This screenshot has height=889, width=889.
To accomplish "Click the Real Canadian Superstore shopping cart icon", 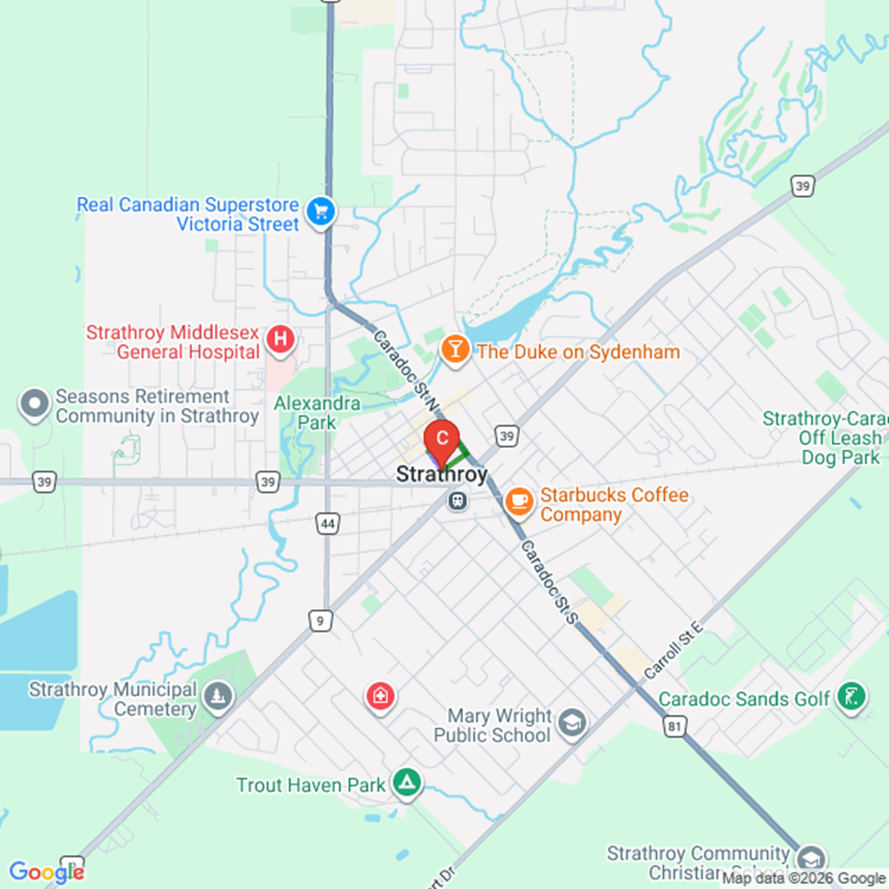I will click(321, 212).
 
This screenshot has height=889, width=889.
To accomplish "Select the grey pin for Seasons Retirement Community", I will click(35, 404).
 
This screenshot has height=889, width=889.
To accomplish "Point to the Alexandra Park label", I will click(306, 413).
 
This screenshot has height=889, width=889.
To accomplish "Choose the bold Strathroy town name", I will click(441, 474).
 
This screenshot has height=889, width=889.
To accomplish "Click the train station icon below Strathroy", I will click(456, 500).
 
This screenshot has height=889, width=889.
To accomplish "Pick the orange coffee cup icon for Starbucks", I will click(519, 500).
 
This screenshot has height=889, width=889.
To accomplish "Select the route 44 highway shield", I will click(327, 524).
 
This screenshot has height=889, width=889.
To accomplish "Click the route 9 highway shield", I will click(320, 620).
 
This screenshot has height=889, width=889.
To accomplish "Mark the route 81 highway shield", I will click(674, 727).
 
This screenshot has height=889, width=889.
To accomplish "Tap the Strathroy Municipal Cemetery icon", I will click(217, 696).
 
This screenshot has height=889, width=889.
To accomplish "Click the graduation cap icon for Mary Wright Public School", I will click(571, 723).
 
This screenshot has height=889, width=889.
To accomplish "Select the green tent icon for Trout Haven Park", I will click(405, 783).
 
